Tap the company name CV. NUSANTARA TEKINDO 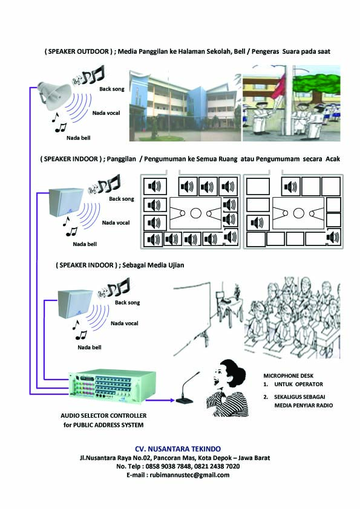tap(177, 449)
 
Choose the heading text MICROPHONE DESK tap(289, 375)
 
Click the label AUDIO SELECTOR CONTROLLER tap(103, 416)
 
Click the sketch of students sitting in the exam tap(292, 317)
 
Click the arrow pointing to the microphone tap(160, 399)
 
